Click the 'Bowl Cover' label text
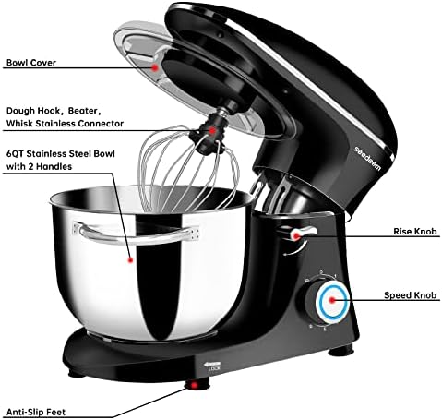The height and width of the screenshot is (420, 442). (x=31, y=63)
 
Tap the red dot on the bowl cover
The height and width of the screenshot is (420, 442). (x=155, y=67)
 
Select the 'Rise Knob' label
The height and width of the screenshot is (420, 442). (x=415, y=232)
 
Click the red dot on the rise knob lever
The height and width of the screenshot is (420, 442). (x=296, y=236)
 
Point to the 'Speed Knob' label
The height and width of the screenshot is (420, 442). (x=410, y=295)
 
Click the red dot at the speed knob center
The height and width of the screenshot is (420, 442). (x=332, y=300)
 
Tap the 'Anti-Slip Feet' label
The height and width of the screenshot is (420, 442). (x=36, y=412)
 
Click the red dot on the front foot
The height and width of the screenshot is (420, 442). (x=194, y=385)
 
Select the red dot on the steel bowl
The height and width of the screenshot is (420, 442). (x=130, y=260)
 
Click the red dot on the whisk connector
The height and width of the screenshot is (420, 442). (x=212, y=130)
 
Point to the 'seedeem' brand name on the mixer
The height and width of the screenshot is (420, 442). (x=367, y=158)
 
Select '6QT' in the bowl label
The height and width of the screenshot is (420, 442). (x=16, y=154)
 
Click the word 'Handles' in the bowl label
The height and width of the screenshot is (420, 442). (x=54, y=166)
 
